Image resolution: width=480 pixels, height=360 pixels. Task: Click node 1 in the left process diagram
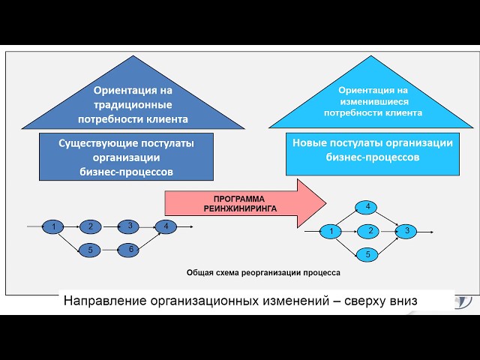point(54,226)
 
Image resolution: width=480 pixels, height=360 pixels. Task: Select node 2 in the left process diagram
point(90,226)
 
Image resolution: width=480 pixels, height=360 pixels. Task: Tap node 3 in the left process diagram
point(129,225)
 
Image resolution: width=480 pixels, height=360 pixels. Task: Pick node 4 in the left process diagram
point(166,226)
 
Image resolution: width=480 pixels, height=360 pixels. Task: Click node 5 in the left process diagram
point(90,250)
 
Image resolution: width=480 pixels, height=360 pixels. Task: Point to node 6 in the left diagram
point(129,250)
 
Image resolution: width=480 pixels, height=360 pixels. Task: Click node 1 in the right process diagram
point(331,232)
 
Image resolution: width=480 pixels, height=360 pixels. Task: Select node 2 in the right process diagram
point(368,231)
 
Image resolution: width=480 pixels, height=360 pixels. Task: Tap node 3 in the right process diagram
point(406,231)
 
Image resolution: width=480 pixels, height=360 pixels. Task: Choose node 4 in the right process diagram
point(368,207)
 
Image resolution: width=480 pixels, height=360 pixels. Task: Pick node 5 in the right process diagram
point(368,255)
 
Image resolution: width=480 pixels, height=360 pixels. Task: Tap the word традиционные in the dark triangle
point(133,105)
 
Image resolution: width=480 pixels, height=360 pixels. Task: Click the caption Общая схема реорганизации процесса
point(263,273)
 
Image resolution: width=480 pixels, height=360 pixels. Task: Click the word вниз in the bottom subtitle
point(396,301)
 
